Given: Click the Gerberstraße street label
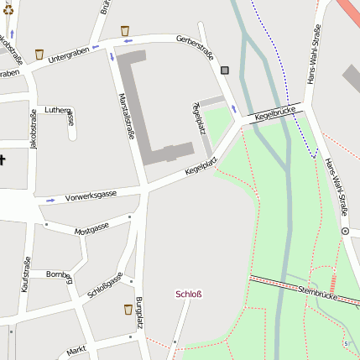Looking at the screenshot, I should click(x=195, y=47).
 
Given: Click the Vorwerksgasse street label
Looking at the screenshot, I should click(x=91, y=195).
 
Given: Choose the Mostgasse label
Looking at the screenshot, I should click(x=91, y=228).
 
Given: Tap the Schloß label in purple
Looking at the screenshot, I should click(x=188, y=294).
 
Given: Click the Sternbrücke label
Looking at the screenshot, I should click(x=322, y=293).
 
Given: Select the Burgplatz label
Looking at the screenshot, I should click(x=139, y=312).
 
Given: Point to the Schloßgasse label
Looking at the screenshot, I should click(x=106, y=285).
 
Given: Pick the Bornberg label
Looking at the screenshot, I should click(x=60, y=274).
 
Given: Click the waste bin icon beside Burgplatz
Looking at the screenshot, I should click(x=128, y=309).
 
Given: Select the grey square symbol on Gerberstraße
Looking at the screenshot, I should click(x=225, y=70).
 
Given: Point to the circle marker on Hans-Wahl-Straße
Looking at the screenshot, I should click(x=345, y=230).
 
